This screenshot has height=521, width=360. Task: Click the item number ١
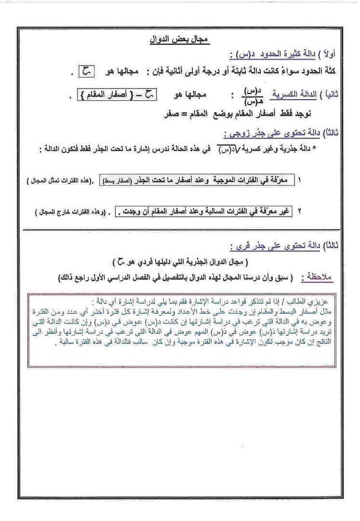[299, 180]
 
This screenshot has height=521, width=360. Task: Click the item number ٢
[299, 211]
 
